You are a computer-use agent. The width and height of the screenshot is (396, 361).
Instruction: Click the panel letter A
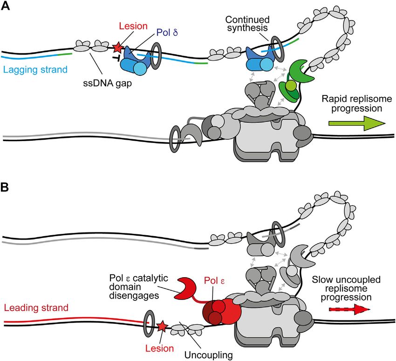tap(5, 6)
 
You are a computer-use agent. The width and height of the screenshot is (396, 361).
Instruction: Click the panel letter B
tap(5, 187)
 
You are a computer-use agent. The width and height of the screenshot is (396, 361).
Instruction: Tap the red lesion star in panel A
tap(117, 47)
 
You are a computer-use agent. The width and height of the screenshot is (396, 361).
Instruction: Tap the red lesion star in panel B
tap(162, 327)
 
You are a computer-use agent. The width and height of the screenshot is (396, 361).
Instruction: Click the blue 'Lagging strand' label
tap(35, 69)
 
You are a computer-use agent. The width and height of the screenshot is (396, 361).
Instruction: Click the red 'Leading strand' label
tap(36, 307)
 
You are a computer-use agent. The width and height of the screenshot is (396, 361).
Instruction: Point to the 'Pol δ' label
tap(167, 33)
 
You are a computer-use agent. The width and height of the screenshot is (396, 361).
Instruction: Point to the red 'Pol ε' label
tap(214, 281)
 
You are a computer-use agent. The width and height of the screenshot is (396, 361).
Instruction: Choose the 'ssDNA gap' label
tap(108, 83)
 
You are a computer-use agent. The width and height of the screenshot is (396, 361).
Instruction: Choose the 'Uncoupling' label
tap(209, 355)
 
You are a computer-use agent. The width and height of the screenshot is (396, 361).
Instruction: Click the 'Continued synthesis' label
tap(247, 23)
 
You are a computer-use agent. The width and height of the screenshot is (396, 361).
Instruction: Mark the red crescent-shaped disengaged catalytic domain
tap(187, 288)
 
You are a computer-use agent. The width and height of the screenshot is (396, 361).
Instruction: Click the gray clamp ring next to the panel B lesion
tap(149, 324)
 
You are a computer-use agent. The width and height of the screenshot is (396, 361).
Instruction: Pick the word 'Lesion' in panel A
tap(133, 26)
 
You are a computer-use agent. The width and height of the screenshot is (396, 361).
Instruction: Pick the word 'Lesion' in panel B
tap(160, 348)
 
